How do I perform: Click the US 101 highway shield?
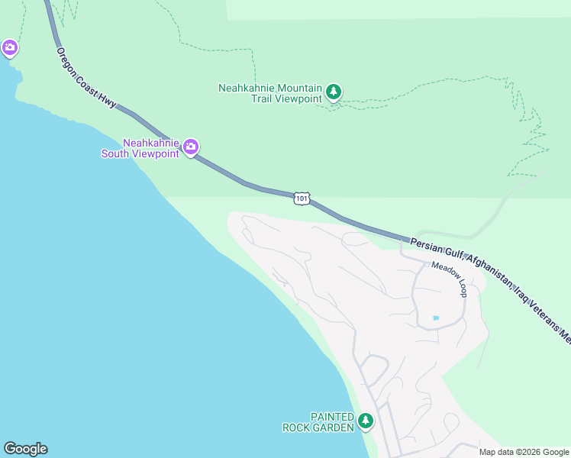tap(302, 198)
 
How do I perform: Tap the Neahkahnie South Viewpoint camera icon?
tap(191, 146)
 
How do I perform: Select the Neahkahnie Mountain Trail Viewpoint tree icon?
tap(334, 92)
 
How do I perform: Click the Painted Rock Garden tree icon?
tap(366, 421)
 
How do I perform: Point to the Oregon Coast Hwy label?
tap(86, 78)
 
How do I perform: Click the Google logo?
tap(25, 449)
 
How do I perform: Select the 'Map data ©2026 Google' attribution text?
tap(523, 452)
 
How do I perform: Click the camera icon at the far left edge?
tap(9, 48)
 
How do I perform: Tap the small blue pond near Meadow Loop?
tap(436, 318)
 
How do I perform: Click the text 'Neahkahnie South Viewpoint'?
tap(149, 148)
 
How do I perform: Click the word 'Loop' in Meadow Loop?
tap(463, 287)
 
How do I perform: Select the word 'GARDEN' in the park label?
tap(337, 427)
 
